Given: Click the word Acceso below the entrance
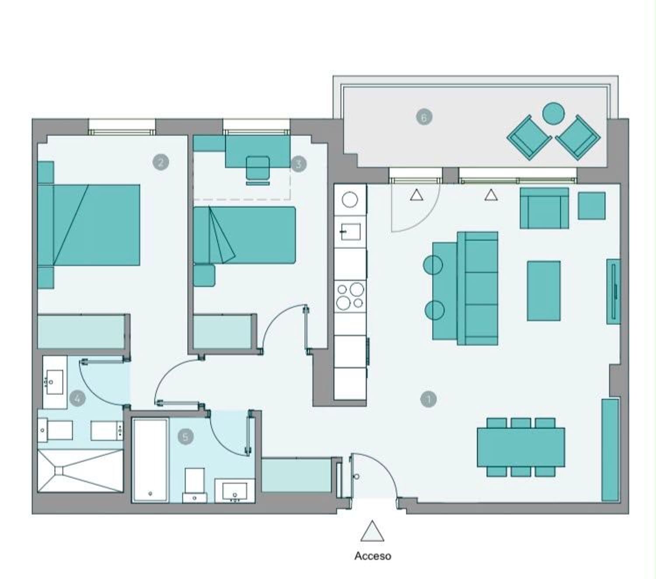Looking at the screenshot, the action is click(373, 556).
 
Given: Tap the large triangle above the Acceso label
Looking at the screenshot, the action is click(372, 532).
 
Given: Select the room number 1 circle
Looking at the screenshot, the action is click(429, 399).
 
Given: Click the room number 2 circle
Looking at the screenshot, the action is click(161, 162).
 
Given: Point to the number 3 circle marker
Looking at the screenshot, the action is click(299, 164).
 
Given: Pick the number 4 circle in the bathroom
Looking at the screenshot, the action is click(77, 399).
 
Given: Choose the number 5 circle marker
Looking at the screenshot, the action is click(185, 437).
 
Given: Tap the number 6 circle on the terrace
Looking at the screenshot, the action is click(424, 117).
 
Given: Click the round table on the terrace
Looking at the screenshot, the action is click(553, 114).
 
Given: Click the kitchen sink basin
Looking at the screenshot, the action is click(351, 231).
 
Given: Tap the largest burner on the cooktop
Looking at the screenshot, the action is click(356, 289).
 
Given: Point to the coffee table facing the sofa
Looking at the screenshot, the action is click(544, 291).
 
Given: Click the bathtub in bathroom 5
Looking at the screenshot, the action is click(150, 460).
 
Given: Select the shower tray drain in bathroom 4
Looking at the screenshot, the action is click(59, 471).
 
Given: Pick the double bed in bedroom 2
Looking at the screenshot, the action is click(89, 225).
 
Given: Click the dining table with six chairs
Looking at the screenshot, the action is click(521, 447).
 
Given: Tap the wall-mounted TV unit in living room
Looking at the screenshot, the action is click(613, 291).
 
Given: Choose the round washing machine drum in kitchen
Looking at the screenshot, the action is click(350, 199).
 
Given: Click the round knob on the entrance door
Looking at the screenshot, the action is click(356, 476).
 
